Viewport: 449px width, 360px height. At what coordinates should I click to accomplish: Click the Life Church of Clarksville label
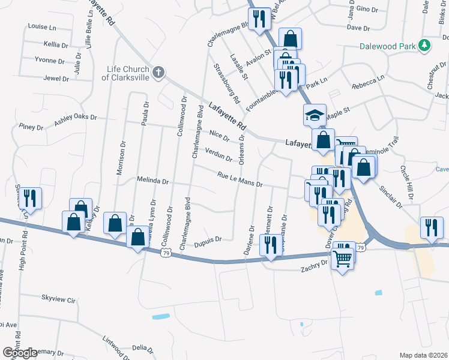tap(125, 73)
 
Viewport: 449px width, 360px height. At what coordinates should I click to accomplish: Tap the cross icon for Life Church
tap(158, 73)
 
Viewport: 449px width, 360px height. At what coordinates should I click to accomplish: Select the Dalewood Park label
tap(388, 46)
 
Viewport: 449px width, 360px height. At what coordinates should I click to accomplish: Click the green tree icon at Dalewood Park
tap(424, 46)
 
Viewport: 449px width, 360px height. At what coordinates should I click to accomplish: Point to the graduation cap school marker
tap(314, 115)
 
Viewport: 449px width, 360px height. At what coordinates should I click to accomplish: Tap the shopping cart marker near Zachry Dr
tap(343, 258)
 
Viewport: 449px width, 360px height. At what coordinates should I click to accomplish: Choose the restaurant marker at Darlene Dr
tap(270, 245)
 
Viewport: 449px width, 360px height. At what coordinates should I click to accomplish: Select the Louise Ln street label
tap(41, 27)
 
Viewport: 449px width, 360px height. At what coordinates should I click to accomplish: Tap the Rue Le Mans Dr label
tap(240, 179)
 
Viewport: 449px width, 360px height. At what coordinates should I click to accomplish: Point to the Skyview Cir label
tap(58, 298)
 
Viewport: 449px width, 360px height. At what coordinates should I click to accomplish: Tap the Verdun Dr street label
tap(218, 154)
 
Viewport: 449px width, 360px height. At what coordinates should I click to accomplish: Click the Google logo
tap(20, 353)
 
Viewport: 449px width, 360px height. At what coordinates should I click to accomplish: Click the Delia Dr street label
tap(139, 347)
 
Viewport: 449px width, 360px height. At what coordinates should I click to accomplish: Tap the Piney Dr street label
tap(31, 127)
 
